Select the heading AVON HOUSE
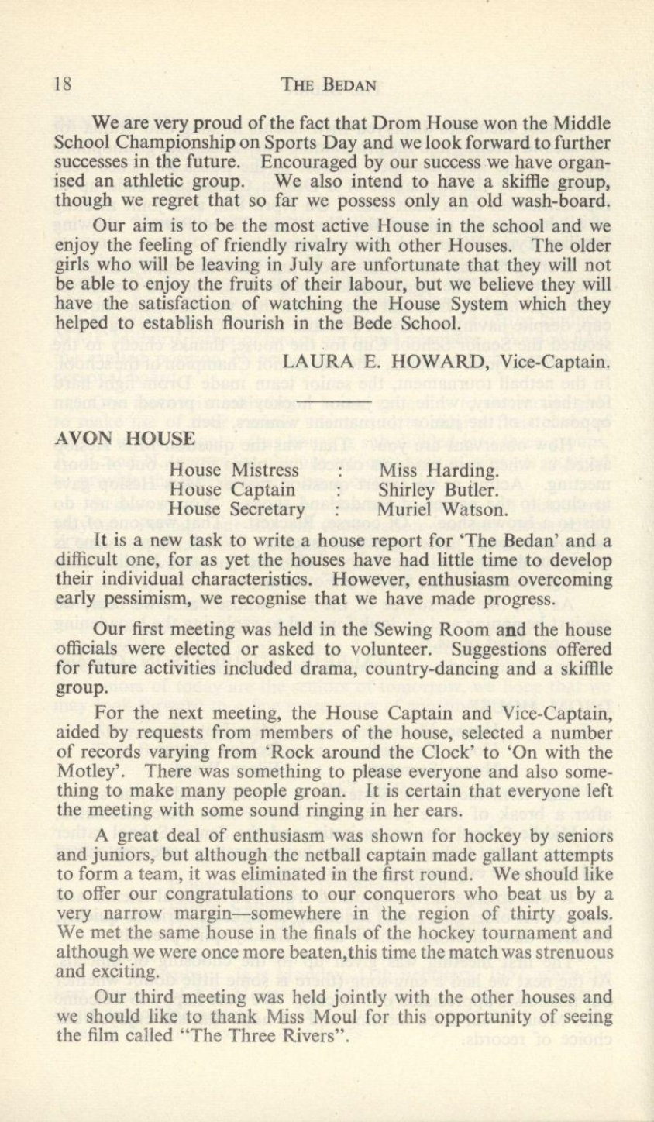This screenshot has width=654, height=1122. (126, 439)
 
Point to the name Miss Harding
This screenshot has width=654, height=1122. (439, 470)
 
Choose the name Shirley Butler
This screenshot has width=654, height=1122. (438, 490)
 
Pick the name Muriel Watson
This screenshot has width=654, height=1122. (442, 510)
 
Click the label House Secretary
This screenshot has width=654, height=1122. (237, 510)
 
